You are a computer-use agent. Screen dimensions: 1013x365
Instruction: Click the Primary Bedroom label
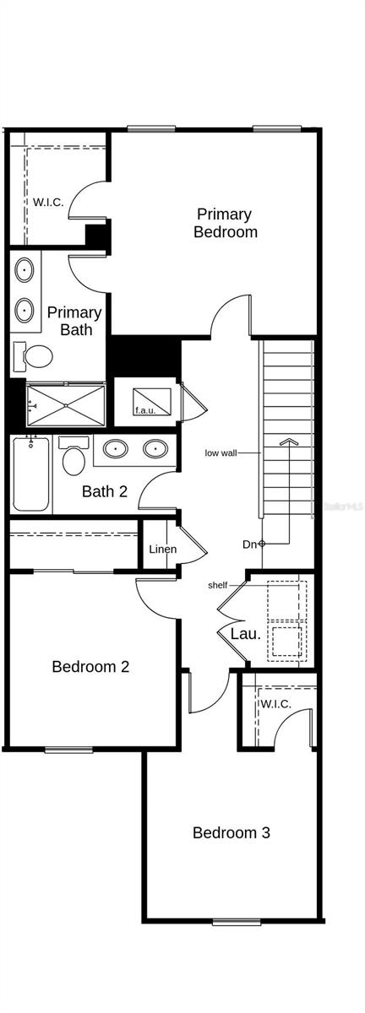(x=226, y=223)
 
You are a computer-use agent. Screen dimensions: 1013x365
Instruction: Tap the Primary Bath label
(x=75, y=321)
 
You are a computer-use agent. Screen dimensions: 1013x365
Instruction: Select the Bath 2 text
(x=105, y=490)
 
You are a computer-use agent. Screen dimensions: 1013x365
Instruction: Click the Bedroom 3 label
(x=232, y=832)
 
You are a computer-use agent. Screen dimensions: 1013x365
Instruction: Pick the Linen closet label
(x=162, y=550)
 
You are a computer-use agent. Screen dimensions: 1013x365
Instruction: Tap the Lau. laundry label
(x=246, y=633)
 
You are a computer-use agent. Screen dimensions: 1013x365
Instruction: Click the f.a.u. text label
(x=145, y=410)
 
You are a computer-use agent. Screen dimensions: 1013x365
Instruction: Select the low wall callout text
(x=221, y=452)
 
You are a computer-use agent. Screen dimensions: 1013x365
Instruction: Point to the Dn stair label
(x=249, y=544)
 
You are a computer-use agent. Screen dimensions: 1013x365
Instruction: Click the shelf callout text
(x=218, y=585)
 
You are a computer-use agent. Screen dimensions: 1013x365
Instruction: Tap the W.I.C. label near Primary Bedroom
(x=48, y=202)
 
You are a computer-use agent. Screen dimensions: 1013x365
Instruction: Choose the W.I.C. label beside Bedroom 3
(x=276, y=704)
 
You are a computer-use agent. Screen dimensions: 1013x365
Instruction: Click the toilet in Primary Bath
(x=35, y=358)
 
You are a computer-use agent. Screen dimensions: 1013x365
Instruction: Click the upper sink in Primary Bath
(x=25, y=272)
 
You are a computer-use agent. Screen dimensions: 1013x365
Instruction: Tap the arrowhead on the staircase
(x=289, y=441)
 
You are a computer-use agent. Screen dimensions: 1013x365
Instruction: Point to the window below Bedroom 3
(x=237, y=921)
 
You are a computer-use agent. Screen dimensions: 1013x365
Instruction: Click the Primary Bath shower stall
(x=66, y=405)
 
